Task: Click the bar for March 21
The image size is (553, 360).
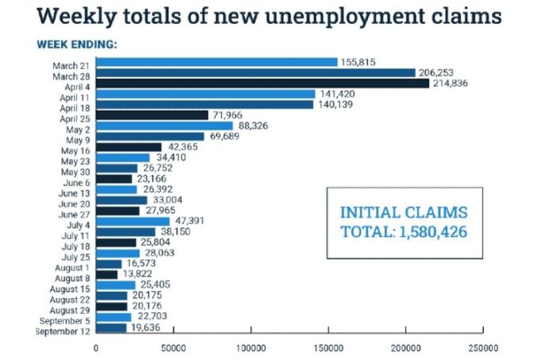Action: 216,62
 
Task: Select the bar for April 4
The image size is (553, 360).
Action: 262,83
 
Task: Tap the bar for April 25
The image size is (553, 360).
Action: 152,115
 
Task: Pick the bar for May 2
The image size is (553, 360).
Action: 164,126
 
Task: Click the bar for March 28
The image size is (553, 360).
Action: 255,72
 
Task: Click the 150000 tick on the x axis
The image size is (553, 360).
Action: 329,347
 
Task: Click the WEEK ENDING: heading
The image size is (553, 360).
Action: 77,44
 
